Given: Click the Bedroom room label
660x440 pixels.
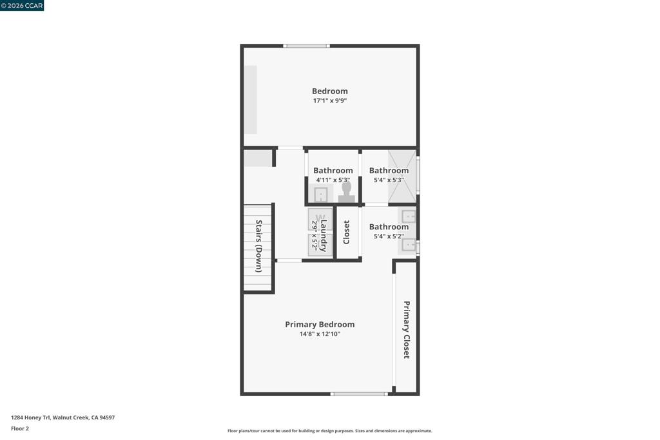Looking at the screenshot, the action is tap(329, 91).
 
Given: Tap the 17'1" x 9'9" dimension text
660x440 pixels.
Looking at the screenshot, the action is tap(329, 100).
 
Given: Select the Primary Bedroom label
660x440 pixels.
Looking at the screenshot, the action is tap(320, 324).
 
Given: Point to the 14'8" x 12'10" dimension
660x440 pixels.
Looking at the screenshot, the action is tap(320, 334).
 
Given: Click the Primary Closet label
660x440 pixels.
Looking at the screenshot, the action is tap(407, 329).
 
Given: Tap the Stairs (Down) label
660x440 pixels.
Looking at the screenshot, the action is tap(259, 246).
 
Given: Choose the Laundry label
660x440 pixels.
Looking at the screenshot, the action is tap(324, 235).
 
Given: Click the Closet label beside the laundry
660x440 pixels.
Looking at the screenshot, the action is tap(346, 232).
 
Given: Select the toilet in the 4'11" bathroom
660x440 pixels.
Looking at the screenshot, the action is tap(346, 192).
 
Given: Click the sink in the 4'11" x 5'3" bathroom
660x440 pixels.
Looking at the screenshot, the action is tap(321, 195).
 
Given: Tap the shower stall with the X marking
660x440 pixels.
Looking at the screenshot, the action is tap(402, 177).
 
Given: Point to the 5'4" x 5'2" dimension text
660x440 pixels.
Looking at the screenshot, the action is tap(389, 236).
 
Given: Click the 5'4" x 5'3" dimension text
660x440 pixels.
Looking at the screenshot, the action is tap(389, 180).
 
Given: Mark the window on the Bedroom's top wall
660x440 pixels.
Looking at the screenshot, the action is tap(306, 46).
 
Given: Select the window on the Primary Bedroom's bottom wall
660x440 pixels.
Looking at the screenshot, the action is tap(359, 394).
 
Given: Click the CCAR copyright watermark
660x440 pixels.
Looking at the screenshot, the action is tap(22, 5).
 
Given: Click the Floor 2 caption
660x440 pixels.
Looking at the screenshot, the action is tap(20, 428).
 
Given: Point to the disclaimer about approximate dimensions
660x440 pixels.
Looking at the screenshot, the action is tap(330, 431).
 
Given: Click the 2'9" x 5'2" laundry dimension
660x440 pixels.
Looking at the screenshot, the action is tap(314, 235).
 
